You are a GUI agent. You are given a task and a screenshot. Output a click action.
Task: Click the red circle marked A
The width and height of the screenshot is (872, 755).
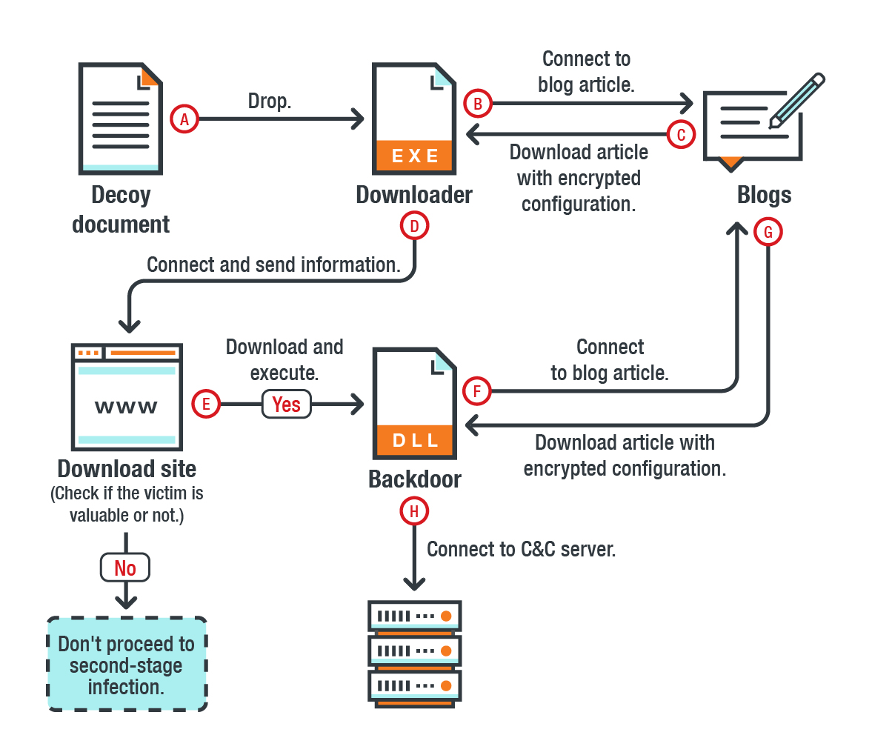click(x=184, y=119)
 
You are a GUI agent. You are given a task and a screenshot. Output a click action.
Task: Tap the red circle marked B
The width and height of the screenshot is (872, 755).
click(x=478, y=103)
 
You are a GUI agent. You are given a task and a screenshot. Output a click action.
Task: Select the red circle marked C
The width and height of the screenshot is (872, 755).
click(x=682, y=134)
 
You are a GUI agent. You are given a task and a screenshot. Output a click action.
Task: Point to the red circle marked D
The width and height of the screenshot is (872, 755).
click(x=414, y=226)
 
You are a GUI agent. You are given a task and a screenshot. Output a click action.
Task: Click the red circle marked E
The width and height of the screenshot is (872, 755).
click(x=206, y=404)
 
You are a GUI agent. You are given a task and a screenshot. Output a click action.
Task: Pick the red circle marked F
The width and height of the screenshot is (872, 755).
click(x=476, y=391)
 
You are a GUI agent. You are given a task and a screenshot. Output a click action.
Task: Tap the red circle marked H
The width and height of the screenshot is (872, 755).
click(x=414, y=511)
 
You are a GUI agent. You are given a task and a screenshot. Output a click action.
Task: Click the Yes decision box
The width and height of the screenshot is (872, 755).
click(x=287, y=405)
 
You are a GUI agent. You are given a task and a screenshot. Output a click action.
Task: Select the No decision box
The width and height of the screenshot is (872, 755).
click(x=125, y=568)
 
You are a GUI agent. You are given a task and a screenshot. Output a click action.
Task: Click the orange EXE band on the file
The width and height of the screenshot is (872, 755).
click(x=415, y=155)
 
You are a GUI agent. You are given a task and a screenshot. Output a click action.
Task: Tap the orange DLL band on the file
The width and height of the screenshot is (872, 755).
click(x=415, y=440)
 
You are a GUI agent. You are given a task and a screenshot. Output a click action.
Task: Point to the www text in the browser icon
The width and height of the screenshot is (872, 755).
click(x=126, y=407)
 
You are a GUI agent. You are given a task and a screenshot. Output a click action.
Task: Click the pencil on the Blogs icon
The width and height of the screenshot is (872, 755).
click(x=797, y=100)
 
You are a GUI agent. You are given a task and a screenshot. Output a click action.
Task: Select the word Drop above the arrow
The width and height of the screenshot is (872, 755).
click(x=269, y=102)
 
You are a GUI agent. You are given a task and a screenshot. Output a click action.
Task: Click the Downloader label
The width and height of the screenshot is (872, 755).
click(x=414, y=195)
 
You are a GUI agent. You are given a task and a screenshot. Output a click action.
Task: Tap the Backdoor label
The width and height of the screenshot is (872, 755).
click(x=415, y=479)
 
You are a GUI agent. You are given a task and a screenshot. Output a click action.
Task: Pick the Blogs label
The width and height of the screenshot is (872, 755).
click(x=764, y=195)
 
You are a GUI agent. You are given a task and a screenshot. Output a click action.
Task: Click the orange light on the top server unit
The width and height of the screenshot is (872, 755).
click(x=446, y=616)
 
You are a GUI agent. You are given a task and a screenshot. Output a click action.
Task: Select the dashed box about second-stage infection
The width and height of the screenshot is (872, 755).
click(x=127, y=665)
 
